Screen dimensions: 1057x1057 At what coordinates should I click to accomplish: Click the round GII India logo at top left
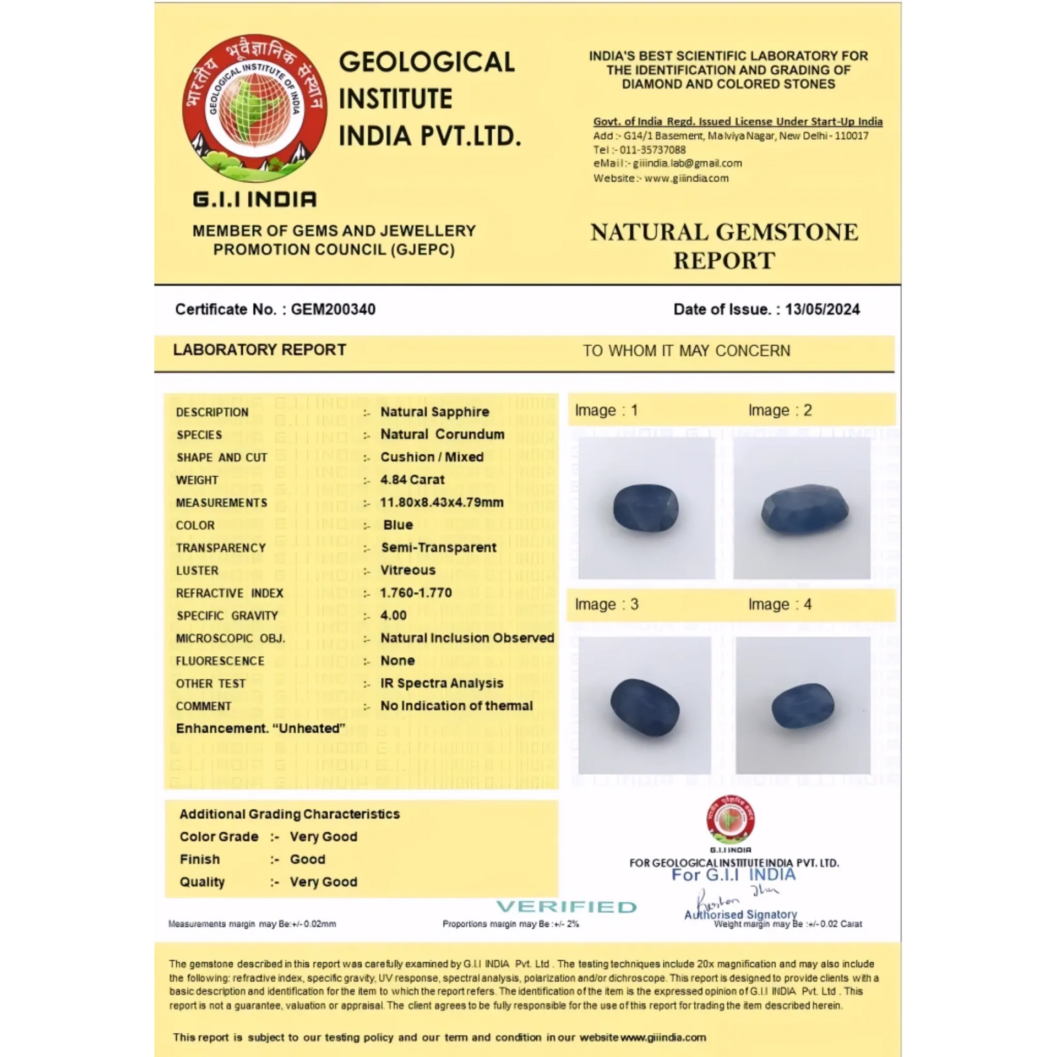(254, 109)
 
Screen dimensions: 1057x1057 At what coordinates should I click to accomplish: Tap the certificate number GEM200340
(333, 309)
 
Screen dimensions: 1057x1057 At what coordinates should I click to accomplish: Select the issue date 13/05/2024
(822, 309)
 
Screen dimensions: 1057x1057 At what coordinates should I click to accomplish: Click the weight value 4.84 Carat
(412, 480)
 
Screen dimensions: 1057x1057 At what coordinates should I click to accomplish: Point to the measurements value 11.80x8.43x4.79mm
(442, 502)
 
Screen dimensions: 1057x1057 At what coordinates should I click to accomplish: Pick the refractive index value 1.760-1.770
(416, 593)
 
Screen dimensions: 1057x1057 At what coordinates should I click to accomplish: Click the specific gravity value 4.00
(394, 615)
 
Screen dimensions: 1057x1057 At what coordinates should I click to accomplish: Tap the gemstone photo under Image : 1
(646, 508)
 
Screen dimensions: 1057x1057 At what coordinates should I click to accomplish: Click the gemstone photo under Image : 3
(645, 705)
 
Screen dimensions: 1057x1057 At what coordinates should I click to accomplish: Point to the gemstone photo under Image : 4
(803, 705)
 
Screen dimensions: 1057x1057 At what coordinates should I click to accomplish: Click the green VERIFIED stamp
(566, 907)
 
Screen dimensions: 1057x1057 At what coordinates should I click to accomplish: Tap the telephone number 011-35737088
(653, 150)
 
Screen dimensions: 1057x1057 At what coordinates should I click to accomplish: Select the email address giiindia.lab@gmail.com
(687, 164)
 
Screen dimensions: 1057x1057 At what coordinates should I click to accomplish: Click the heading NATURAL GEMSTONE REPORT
(724, 246)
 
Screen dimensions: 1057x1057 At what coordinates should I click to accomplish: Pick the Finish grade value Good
(307, 859)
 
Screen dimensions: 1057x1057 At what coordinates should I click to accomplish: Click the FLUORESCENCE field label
(220, 661)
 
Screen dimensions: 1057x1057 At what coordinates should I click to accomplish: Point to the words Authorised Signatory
(740, 914)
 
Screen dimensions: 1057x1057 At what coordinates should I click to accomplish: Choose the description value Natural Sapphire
(434, 412)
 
